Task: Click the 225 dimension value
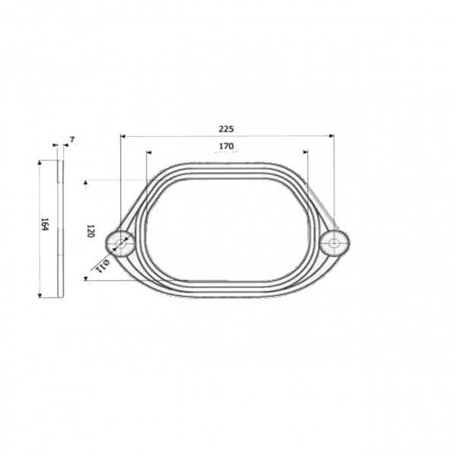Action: pos(226,129)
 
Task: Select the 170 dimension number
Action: pos(226,146)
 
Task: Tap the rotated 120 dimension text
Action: pos(90,231)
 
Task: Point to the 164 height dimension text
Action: pos(44,224)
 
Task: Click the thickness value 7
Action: pos(72,140)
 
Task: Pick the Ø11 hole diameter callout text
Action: pos(103,266)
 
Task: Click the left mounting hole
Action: pos(120,244)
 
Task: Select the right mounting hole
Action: pos(334,243)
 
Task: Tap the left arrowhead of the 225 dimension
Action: pos(122,136)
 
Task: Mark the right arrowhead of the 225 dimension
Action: pos(331,135)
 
